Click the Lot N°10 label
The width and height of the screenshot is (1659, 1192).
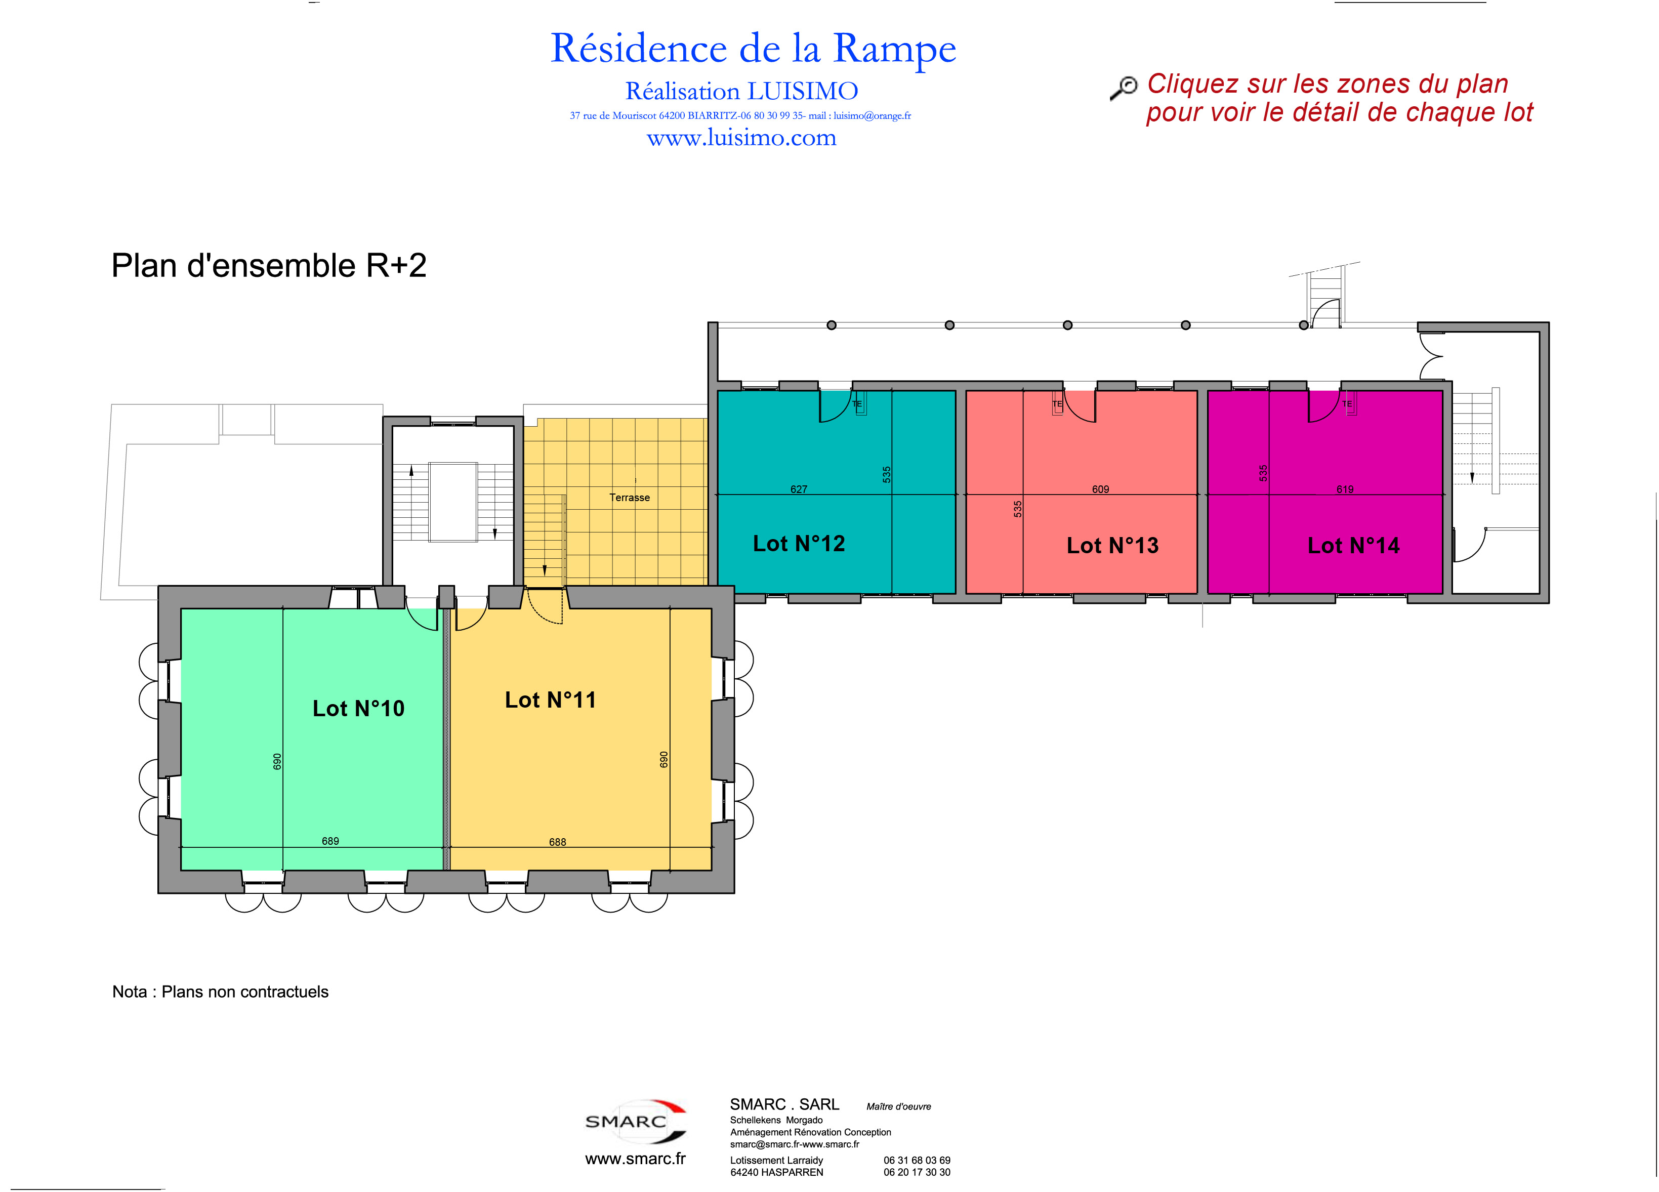click(x=358, y=708)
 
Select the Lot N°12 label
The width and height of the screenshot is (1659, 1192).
click(x=799, y=543)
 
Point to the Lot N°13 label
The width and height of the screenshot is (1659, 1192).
click(x=1112, y=545)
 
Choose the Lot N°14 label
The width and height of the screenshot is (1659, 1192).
click(x=1353, y=545)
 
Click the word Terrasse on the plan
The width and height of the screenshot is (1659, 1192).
click(x=629, y=498)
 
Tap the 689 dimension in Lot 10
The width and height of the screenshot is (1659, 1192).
click(x=330, y=841)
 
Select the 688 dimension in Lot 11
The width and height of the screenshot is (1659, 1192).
click(x=557, y=842)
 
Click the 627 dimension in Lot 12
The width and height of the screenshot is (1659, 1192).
click(x=799, y=489)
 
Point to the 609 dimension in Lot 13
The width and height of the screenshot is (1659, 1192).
click(x=1100, y=489)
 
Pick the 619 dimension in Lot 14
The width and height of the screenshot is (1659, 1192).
click(x=1345, y=489)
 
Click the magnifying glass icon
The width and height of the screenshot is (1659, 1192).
click(x=1124, y=88)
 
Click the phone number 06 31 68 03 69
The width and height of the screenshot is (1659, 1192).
click(x=917, y=1160)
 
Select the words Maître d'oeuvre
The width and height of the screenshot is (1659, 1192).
click(x=898, y=1106)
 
